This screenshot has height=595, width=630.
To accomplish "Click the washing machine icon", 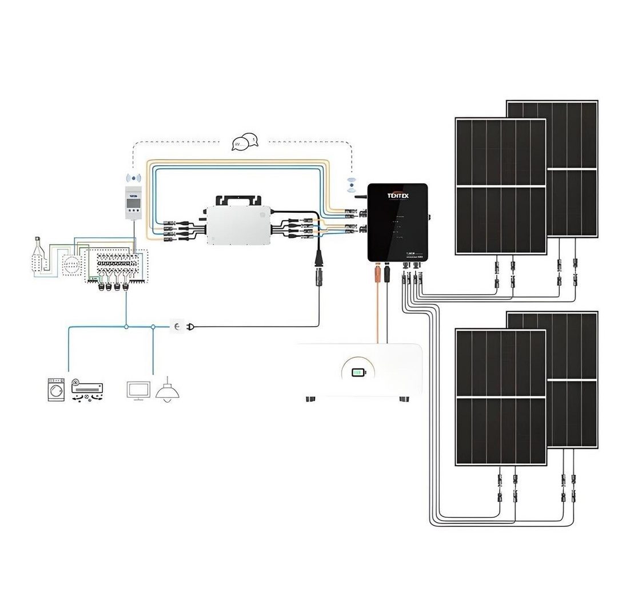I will tap(55, 389).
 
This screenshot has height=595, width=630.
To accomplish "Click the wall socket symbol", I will tap(177, 326).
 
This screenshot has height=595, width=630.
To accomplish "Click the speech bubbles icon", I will tap(245, 142).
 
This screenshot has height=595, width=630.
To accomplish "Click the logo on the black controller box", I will tap(397, 196).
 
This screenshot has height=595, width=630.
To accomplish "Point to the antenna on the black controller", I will tap(361, 196).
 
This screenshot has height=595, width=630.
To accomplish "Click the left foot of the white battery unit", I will tap(311, 398).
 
